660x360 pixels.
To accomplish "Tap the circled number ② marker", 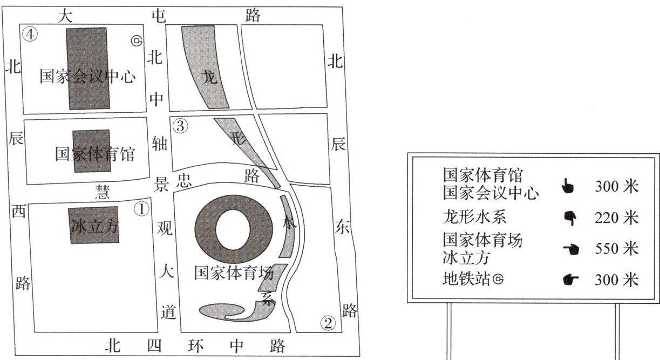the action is [x=328, y=323].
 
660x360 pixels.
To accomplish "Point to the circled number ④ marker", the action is [x=30, y=34].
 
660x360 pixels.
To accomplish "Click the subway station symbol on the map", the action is [x=137, y=40].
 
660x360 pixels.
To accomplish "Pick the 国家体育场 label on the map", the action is [x=234, y=273].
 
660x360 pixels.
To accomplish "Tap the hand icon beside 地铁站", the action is [x=570, y=280].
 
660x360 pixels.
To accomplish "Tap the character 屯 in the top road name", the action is [x=157, y=16].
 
